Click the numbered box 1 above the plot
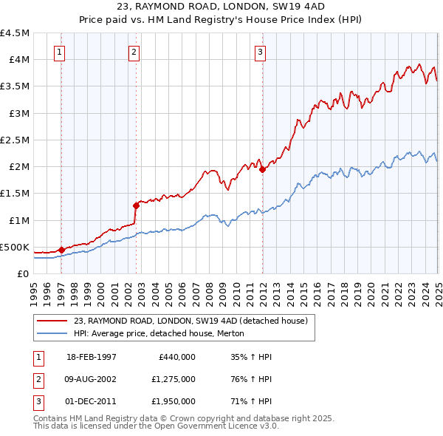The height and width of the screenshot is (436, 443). point(58,52)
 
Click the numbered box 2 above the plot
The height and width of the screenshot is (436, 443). point(133,52)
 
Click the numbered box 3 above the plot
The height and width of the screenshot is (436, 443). point(261,52)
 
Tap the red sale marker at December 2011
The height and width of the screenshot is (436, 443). point(263,169)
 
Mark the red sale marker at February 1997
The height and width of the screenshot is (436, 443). point(62,250)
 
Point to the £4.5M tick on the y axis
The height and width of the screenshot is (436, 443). point(16,33)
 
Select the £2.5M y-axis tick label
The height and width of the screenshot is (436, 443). point(16,140)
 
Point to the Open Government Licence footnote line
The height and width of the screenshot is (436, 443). point(156,426)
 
